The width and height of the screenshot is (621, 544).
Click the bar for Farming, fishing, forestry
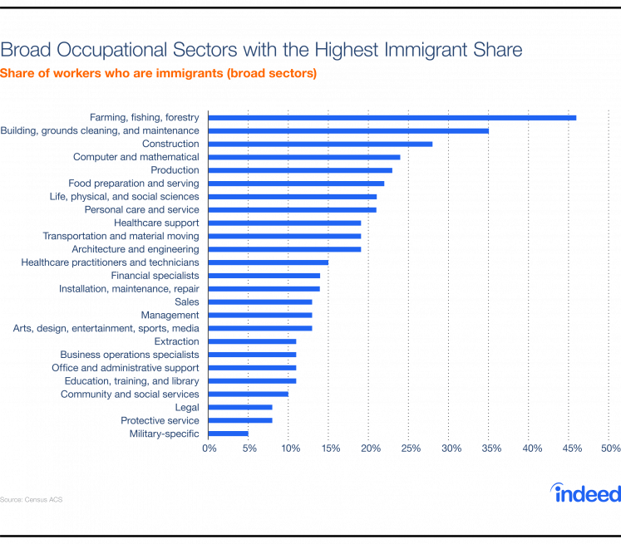coord(392,117)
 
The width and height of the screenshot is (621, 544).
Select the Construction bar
coord(320,144)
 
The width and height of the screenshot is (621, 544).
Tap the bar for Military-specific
coord(228,434)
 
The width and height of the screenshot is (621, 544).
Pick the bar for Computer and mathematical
coord(303,157)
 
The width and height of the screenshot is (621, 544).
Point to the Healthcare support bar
coord(284,223)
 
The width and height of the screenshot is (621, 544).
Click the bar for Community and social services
coord(248,394)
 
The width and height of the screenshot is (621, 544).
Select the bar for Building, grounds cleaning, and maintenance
coord(348,130)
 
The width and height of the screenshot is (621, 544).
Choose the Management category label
coord(170,316)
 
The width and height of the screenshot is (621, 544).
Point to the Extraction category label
coord(177,341)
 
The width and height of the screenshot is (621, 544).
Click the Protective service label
coord(160,420)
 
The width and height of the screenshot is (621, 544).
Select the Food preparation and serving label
coord(133,183)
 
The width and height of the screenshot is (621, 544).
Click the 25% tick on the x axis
coord(410,448)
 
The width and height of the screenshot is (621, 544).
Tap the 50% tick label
coord(610,448)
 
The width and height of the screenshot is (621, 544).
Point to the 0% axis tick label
coord(209,448)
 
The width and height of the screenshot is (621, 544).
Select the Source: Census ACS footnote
coord(32,500)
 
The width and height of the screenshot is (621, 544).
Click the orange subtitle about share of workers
coord(158,74)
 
